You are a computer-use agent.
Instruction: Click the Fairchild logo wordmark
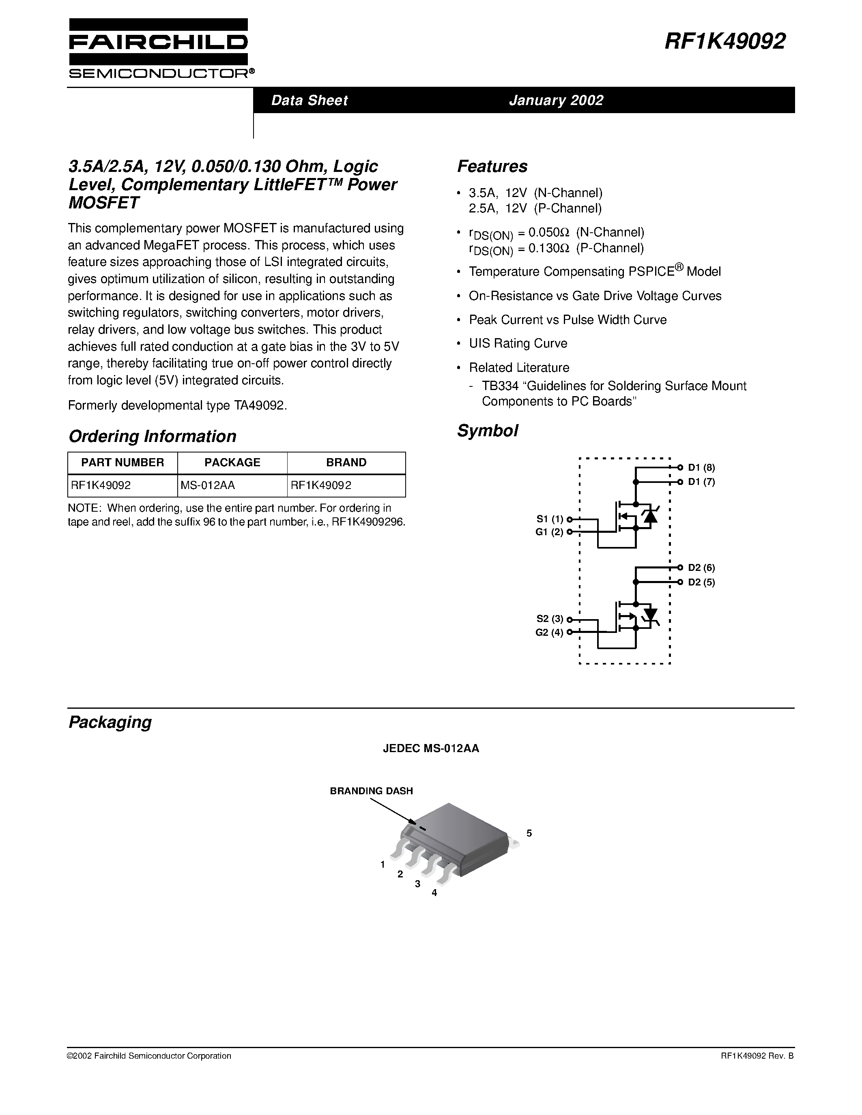point(158,43)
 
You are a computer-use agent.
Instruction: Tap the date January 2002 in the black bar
point(556,100)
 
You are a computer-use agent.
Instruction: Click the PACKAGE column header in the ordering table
point(232,463)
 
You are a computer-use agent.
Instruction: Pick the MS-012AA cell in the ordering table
point(207,485)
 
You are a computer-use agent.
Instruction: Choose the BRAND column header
point(346,463)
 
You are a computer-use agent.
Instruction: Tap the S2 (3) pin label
point(550,619)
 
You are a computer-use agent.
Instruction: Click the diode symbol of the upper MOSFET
point(650,517)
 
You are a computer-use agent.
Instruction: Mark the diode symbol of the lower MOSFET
point(650,613)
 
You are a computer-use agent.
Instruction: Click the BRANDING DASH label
point(371,791)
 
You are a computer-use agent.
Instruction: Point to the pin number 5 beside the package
point(529,833)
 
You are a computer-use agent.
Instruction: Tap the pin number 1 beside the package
point(383,864)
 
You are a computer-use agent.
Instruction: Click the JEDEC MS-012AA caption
point(431,748)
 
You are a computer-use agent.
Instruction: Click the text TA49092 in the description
point(260,405)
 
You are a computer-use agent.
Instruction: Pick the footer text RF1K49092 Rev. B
point(757,1056)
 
